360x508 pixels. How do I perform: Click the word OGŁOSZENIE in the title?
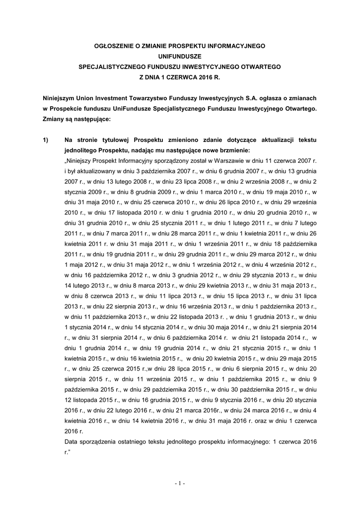pyautogui.click(x=114, y=46)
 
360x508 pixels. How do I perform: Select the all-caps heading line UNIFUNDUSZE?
pyautogui.click(x=180, y=56)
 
